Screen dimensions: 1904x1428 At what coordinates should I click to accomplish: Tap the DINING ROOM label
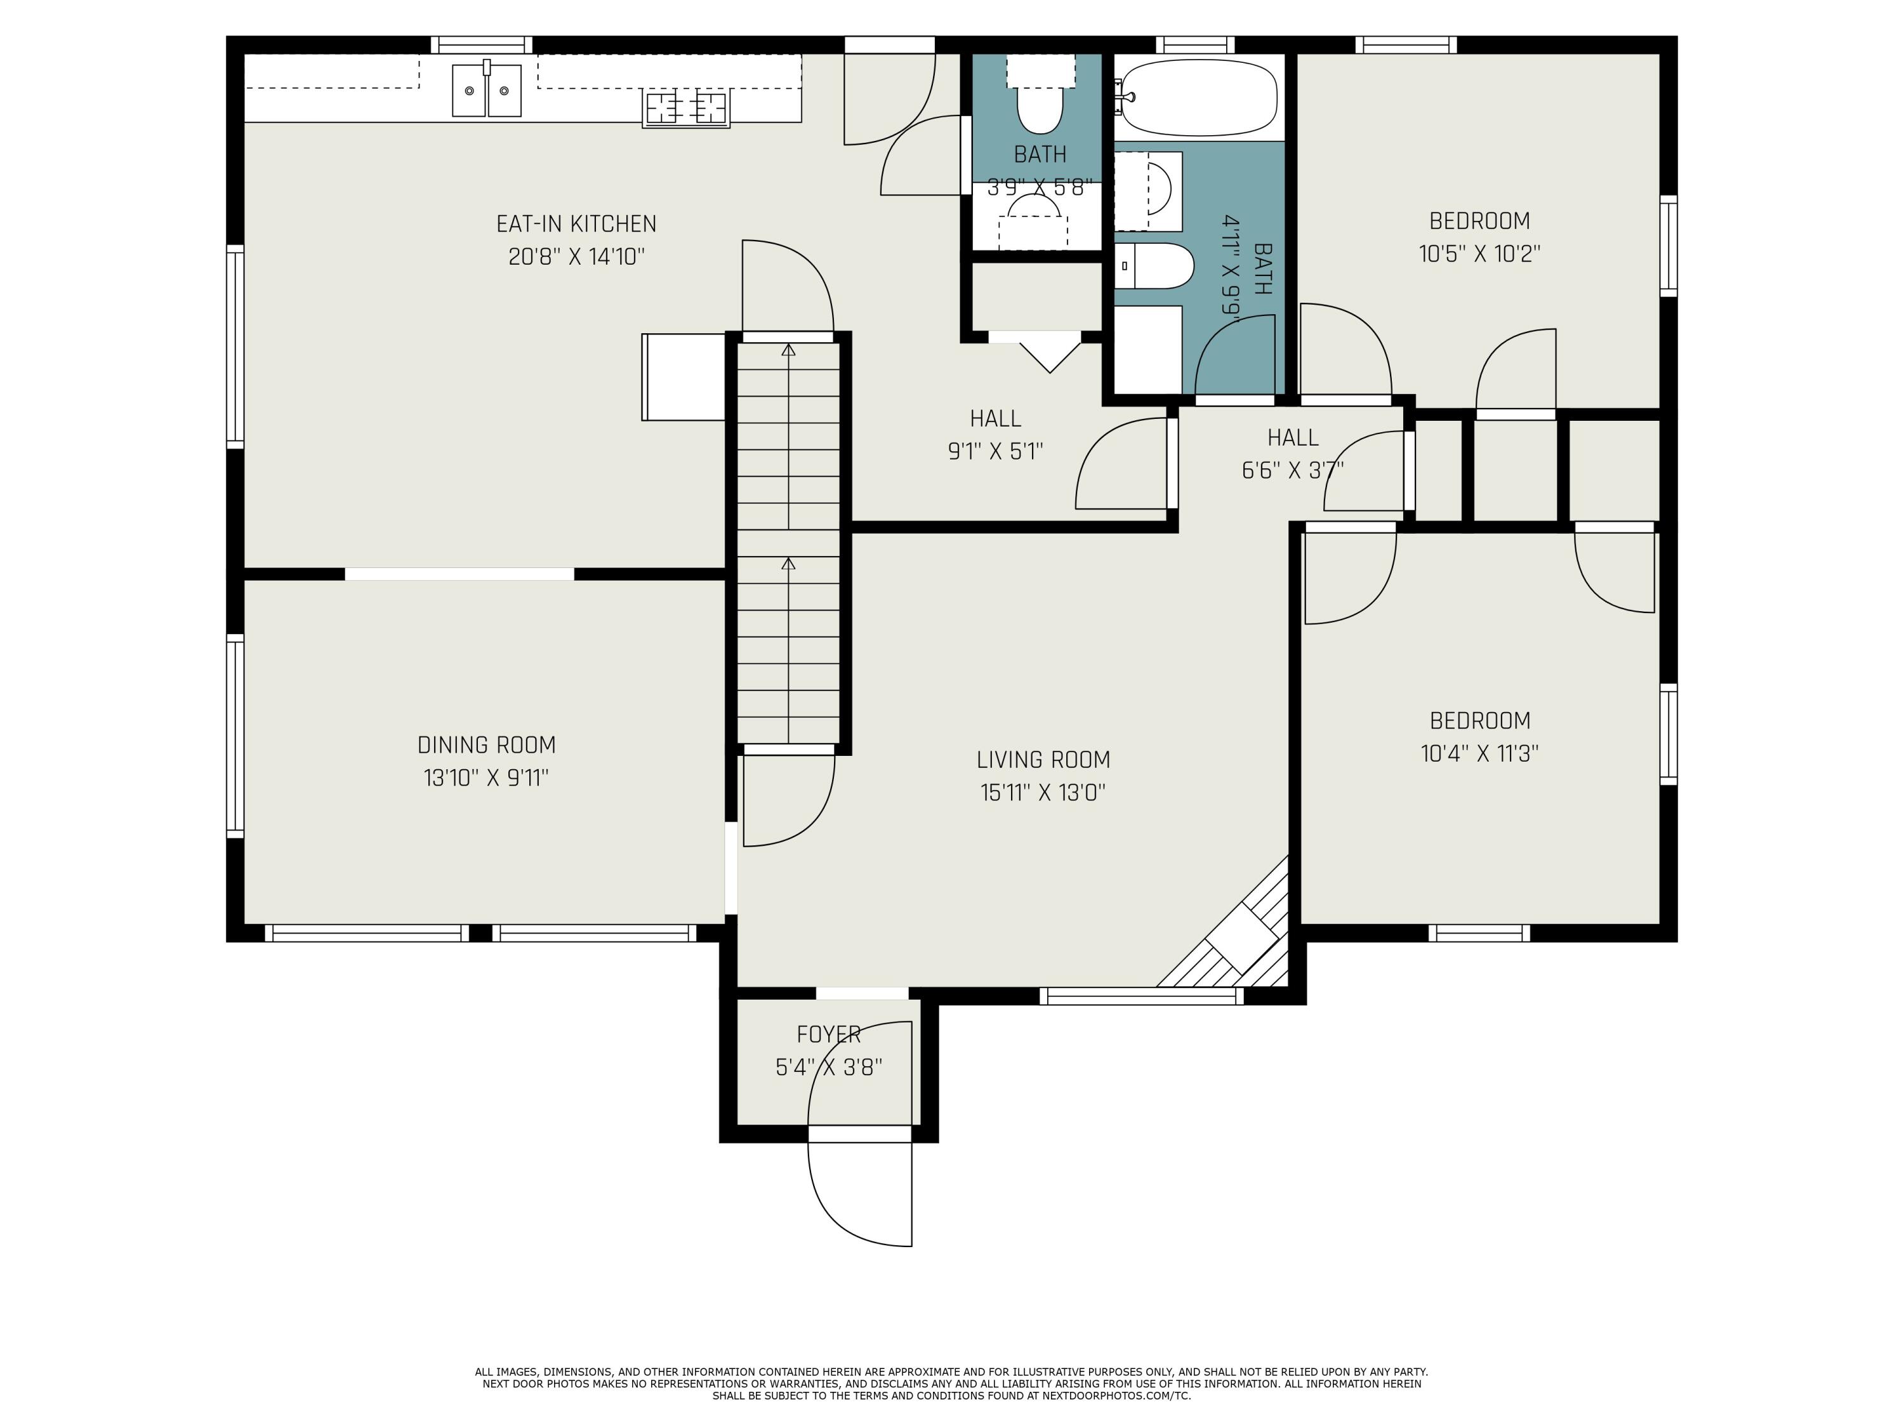click(x=486, y=744)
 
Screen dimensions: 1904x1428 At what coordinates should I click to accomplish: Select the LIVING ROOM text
click(x=1043, y=759)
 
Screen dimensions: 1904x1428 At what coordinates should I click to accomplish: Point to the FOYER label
click(x=828, y=1034)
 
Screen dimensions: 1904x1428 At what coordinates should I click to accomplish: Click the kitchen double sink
click(x=486, y=89)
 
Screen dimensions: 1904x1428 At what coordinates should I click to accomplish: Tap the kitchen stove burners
click(x=686, y=109)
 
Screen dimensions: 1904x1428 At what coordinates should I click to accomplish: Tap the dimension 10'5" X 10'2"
click(x=1479, y=254)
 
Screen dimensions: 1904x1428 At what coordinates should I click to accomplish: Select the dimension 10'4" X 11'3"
click(x=1479, y=753)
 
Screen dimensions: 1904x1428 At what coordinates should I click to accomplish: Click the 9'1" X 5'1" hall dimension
click(x=995, y=451)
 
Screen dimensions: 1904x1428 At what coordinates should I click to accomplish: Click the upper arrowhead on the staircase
click(x=788, y=350)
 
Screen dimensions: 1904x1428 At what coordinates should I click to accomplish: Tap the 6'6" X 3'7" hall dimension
click(x=1292, y=470)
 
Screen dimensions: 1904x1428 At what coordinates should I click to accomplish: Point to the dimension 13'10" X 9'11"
click(x=486, y=777)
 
